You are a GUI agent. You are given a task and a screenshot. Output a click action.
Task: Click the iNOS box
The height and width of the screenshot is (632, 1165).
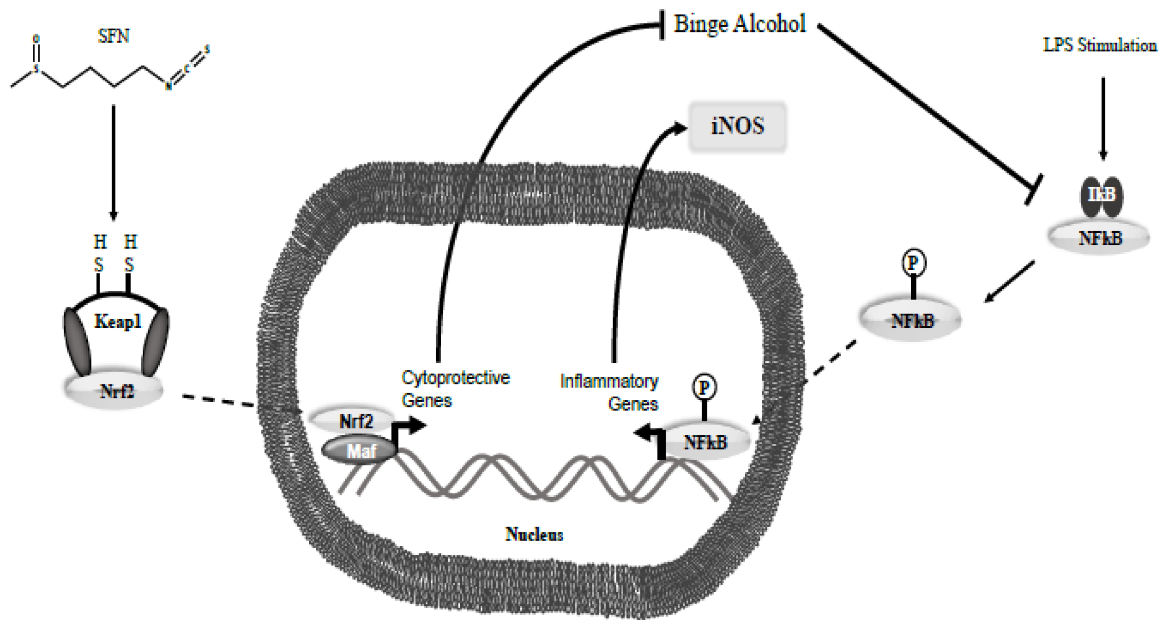pos(738,126)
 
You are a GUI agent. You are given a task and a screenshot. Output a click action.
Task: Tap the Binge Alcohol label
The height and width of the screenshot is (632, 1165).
pos(740,24)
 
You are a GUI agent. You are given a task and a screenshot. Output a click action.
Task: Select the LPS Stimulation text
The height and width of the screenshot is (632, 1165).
pos(1100,45)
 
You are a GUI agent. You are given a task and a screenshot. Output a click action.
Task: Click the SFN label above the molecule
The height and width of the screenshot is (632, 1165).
pos(114,36)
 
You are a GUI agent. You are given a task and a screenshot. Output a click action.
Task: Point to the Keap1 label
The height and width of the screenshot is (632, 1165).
pos(118,322)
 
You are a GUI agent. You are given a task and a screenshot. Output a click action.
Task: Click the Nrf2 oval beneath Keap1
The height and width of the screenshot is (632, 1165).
pos(114,392)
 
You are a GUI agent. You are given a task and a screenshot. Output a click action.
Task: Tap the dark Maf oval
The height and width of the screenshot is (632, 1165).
pos(360,451)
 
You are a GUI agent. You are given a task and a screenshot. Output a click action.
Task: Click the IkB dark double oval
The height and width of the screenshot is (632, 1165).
pos(1101,196)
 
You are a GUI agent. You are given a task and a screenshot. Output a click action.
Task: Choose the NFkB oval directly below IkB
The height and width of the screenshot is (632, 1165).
pos(1099,238)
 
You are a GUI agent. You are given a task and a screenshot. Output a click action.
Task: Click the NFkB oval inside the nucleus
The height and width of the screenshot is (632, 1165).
pos(705,442)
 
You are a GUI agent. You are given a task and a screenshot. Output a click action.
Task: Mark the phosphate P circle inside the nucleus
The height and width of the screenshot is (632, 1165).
pos(704,387)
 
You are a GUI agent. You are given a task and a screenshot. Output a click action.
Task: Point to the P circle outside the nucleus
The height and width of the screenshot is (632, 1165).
pos(913,263)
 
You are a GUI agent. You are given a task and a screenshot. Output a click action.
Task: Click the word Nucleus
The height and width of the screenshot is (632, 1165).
pos(534,534)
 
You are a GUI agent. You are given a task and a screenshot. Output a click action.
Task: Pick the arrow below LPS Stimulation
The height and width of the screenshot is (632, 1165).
pos(1103,118)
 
